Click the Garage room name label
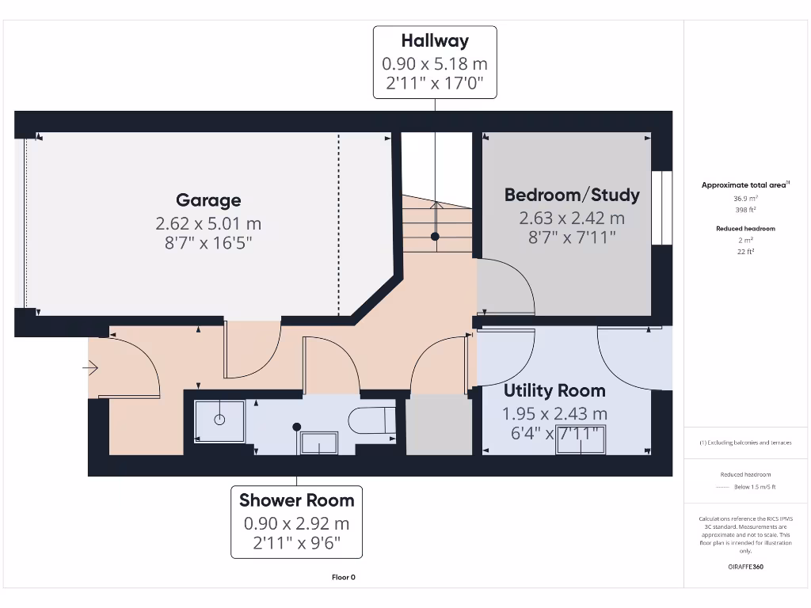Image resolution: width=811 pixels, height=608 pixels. pos(208,200)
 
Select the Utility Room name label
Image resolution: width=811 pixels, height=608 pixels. pos(554,390)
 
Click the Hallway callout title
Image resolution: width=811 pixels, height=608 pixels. pos(435,41)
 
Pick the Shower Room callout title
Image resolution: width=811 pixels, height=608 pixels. pos(296,500)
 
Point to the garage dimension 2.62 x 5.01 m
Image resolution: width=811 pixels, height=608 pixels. pos(208,224)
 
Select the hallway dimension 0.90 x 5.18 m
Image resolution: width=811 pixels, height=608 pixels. pos(435,63)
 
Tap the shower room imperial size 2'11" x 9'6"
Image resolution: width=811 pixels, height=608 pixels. pos(296,545)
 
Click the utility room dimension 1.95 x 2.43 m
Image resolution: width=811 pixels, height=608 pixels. pos(554,413)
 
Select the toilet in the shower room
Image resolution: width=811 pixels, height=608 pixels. pos(372,420)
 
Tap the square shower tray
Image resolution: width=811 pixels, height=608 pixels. pos(219,420)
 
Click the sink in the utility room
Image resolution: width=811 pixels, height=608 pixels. pos(580,442)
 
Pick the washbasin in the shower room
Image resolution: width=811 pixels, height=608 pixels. pos(319,443)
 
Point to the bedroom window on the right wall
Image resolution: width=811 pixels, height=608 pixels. pos(661,208)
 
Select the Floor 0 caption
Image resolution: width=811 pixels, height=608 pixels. pos(343,577)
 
